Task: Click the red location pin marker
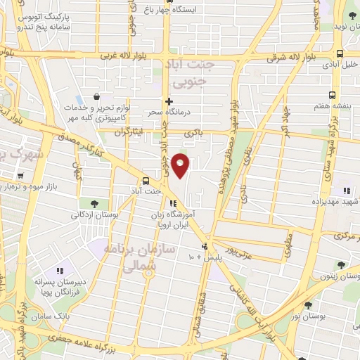pos(181,165)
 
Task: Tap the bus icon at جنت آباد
pos(146,180)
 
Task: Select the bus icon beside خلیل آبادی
pos(340,53)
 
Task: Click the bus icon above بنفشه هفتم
pos(333,95)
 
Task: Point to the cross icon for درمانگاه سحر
pos(169,101)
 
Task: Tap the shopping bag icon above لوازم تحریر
pos(96,97)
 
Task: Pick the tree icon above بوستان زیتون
pos(342,265)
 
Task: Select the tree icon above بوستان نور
pos(308,305)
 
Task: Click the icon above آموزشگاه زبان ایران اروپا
pos(173,203)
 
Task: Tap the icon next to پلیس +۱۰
pos(205,247)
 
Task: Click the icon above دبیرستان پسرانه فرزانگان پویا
pos(59,270)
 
